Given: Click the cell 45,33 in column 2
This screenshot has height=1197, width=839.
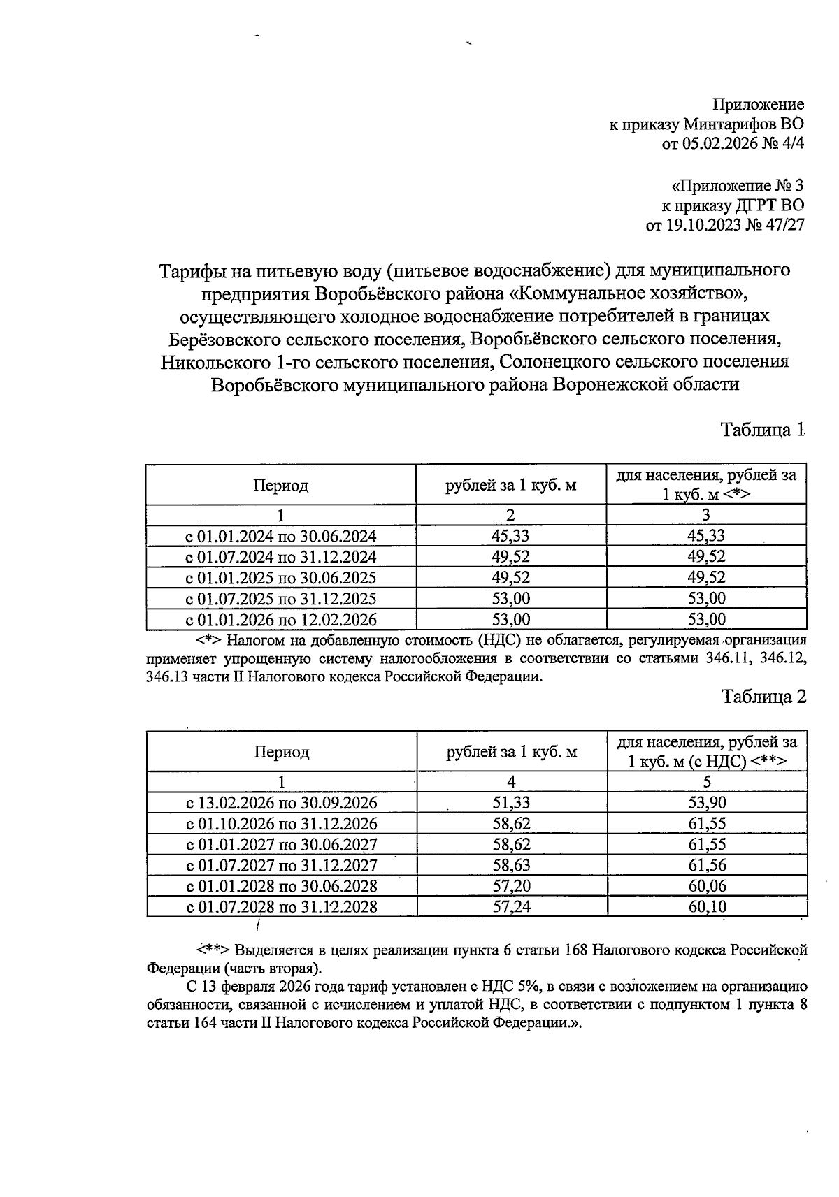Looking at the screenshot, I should (510, 536).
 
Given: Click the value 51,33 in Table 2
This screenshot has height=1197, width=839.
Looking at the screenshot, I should (511, 803).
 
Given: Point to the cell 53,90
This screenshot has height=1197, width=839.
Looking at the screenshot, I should (707, 803).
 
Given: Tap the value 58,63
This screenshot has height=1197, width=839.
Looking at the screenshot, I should (511, 866).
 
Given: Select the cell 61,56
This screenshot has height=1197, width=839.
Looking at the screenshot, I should (707, 866).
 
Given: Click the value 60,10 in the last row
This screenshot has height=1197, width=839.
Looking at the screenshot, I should (707, 908).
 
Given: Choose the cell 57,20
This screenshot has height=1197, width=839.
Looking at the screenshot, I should (511, 887).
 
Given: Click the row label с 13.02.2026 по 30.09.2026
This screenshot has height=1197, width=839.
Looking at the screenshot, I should (281, 803).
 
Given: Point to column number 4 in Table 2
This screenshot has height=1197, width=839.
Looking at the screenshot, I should (511, 782).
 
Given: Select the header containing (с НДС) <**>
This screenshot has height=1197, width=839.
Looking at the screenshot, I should (707, 753).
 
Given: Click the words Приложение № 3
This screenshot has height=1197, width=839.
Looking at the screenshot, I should (737, 187).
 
